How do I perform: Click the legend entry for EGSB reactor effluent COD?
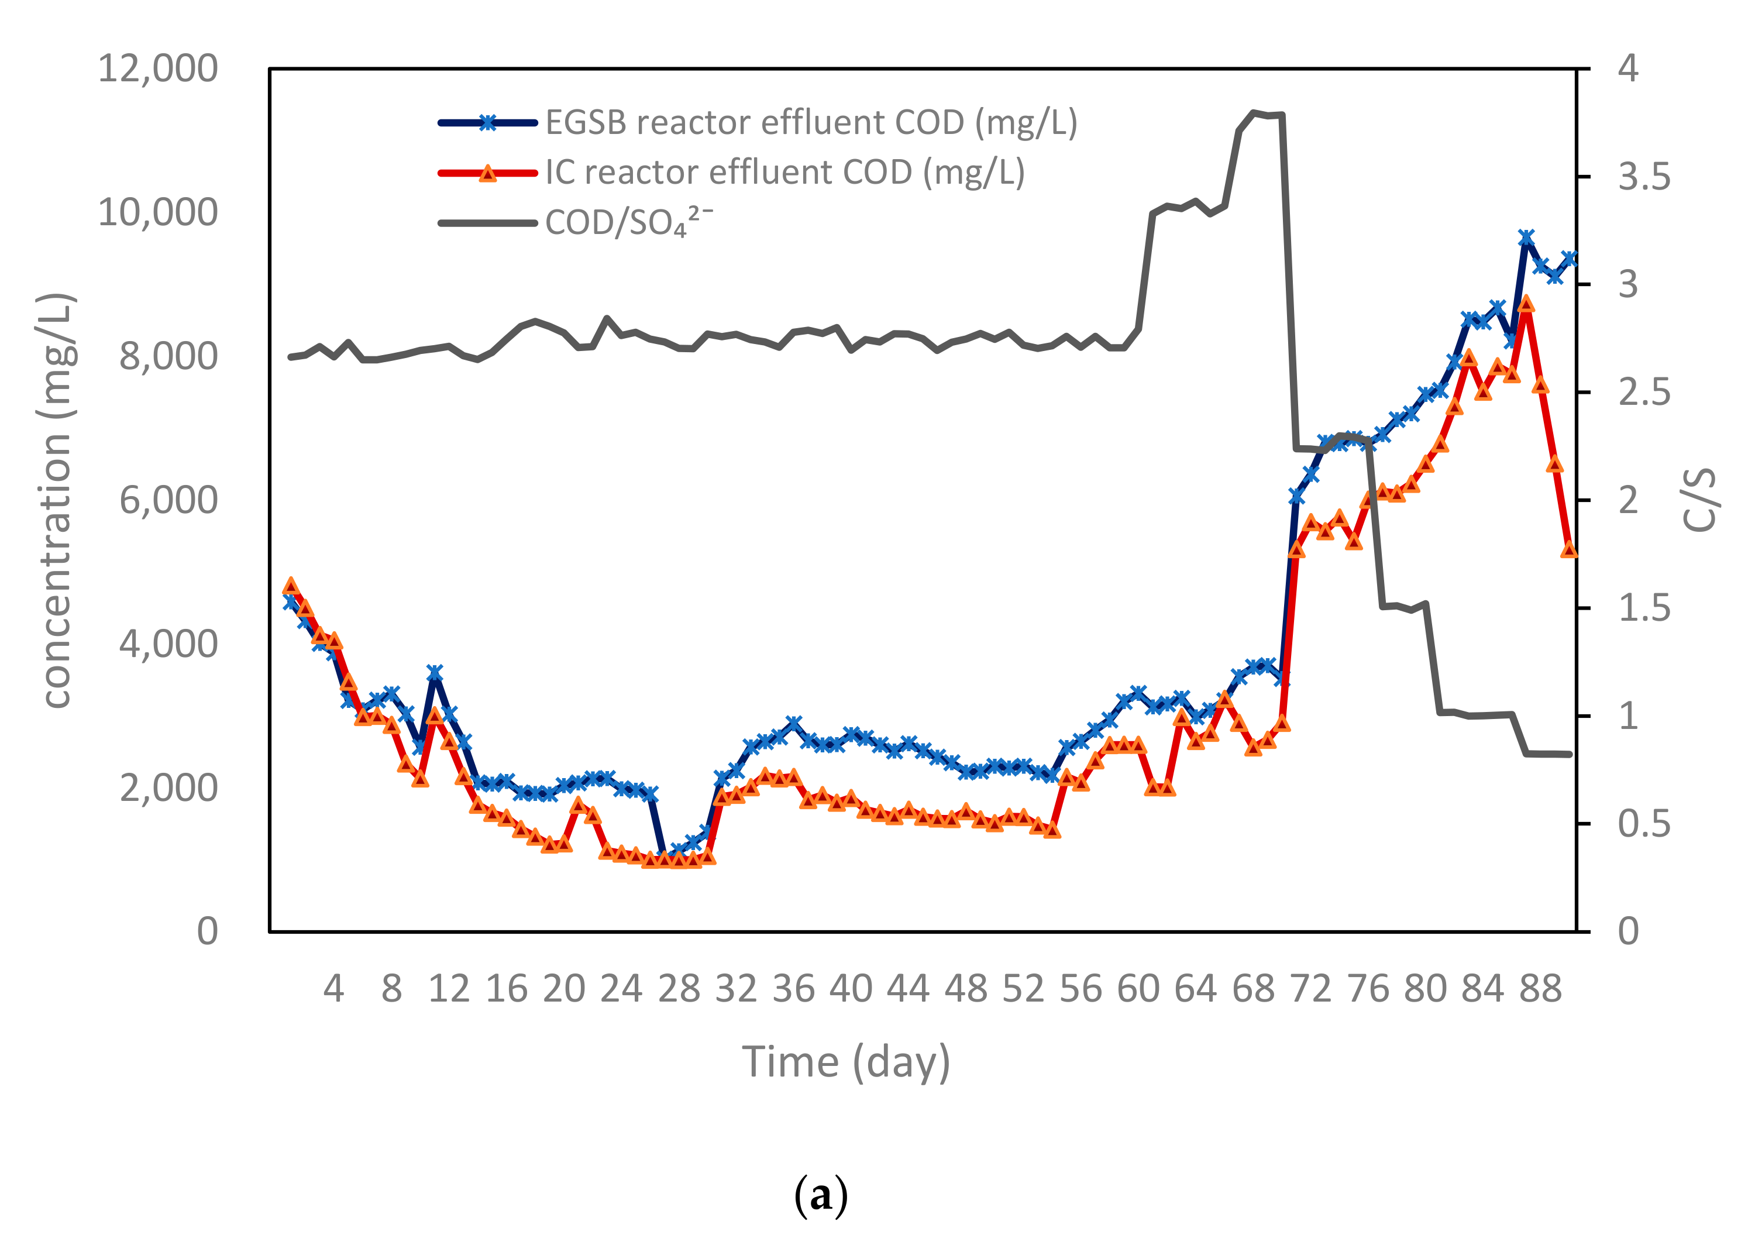coord(810,122)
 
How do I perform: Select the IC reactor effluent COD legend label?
coord(784,173)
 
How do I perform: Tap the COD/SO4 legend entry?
coord(628,223)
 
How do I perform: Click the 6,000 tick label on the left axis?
coord(168,500)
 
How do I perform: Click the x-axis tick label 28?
coord(679,989)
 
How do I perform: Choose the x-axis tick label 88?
coord(1540,989)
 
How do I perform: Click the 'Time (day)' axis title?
coord(846,1062)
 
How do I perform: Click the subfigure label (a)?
coord(821,1196)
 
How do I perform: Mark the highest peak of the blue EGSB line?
coord(1526,238)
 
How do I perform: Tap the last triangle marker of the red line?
coord(1568,549)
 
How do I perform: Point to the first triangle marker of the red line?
coord(291,585)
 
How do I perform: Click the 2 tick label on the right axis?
coord(1628,501)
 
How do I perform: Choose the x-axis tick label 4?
coord(333,989)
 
